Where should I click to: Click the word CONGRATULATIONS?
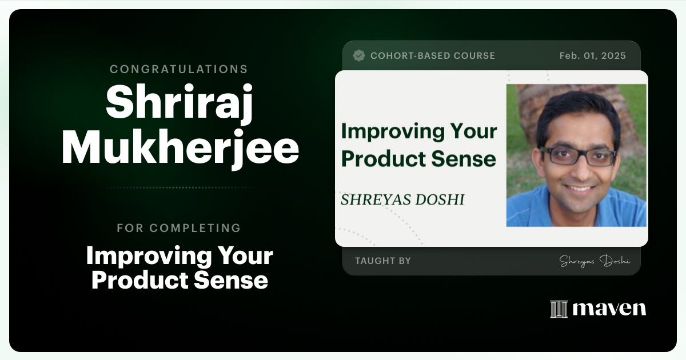pos(179,69)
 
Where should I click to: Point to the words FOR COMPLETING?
pos(179,228)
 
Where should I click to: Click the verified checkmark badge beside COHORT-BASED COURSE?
pos(359,55)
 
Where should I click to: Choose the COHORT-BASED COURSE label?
pos(433,56)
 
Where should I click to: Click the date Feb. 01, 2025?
pos(592,56)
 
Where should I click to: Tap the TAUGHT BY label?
pos(383,261)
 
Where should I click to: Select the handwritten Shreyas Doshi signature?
pos(595,261)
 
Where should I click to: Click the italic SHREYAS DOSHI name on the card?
pos(402,199)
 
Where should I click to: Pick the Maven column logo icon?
pos(559,309)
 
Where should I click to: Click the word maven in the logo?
pos(609,309)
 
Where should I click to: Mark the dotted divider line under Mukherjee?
pos(180,187)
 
